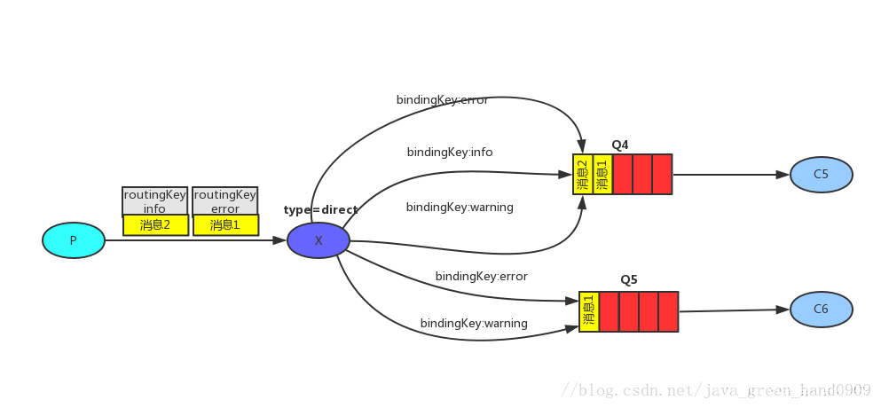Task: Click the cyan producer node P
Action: (x=74, y=240)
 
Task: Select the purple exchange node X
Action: (x=319, y=240)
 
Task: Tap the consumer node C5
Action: (x=821, y=175)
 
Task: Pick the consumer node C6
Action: (x=821, y=309)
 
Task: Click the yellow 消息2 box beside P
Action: (x=155, y=225)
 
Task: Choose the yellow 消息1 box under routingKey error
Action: (x=225, y=225)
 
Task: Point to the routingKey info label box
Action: (x=155, y=201)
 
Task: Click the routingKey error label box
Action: (x=225, y=201)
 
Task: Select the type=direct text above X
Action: (x=320, y=210)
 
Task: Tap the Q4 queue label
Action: (x=620, y=145)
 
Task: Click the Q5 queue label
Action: (x=629, y=280)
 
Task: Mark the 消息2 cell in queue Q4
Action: (x=582, y=175)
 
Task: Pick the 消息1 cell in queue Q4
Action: (x=602, y=175)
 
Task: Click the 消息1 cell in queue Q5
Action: (x=589, y=311)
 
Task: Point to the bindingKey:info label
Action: (x=450, y=153)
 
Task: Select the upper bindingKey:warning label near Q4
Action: (x=460, y=208)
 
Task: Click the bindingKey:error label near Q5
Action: (x=482, y=277)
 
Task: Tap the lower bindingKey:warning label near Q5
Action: (x=474, y=324)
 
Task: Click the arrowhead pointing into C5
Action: (x=782, y=175)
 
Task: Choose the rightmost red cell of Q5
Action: (x=668, y=311)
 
